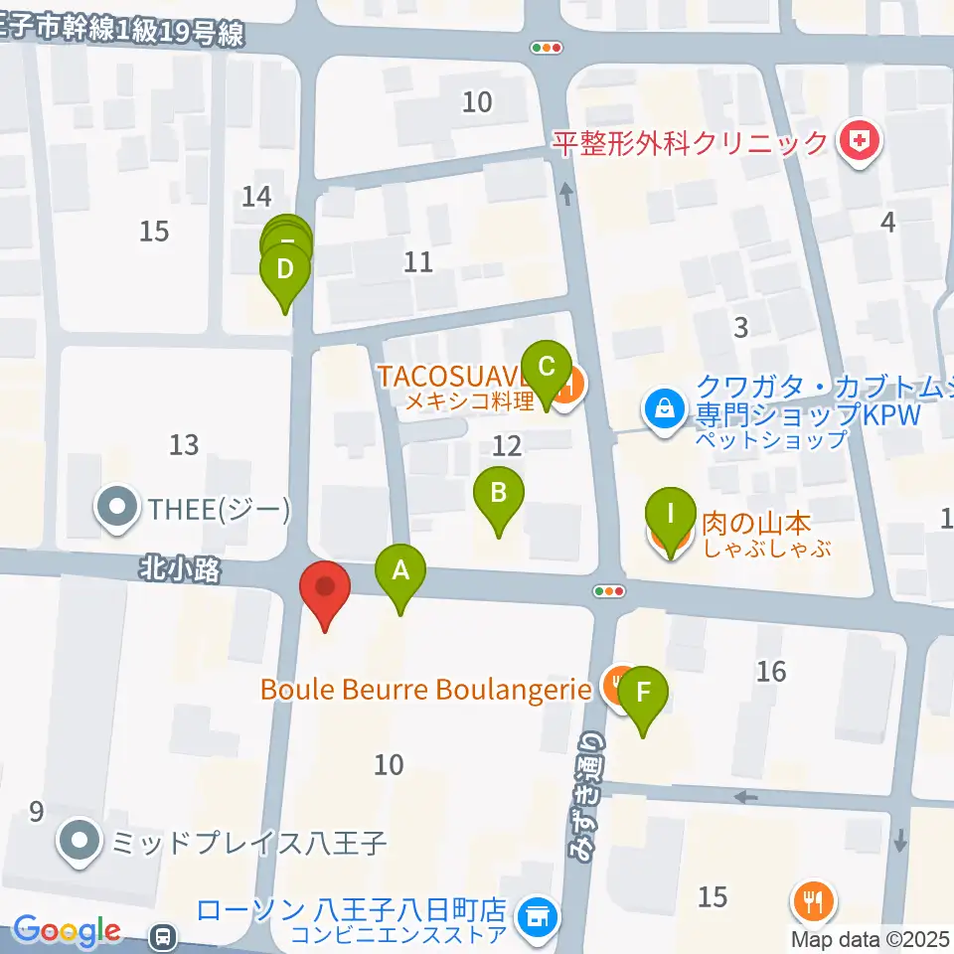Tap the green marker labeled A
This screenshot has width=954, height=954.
tap(400, 573)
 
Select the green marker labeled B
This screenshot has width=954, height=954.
tap(499, 494)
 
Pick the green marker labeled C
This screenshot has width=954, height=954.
tap(546, 369)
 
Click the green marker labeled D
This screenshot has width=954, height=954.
tap(285, 270)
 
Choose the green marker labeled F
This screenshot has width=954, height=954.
tap(643, 693)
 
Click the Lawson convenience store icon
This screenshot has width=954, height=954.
tap(538, 911)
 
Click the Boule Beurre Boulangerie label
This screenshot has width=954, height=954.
tap(425, 689)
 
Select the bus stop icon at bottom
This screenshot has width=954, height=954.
tap(162, 935)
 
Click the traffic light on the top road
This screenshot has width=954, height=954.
tap(547, 47)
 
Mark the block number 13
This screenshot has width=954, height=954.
tap(184, 445)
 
